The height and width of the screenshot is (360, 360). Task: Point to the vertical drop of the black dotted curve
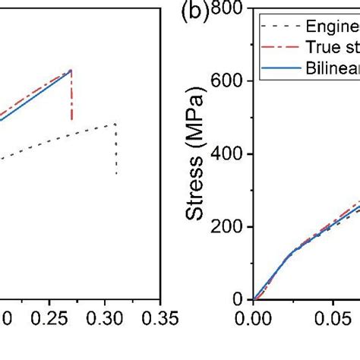coord(116,150)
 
